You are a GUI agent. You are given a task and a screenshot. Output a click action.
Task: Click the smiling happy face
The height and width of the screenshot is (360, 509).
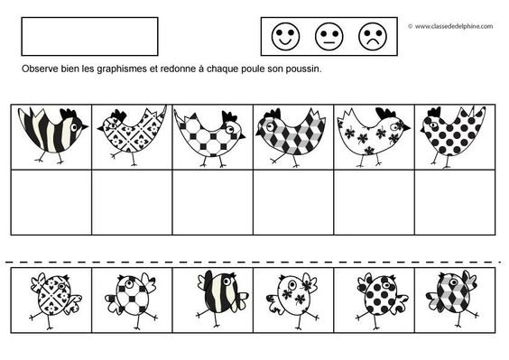[286, 36]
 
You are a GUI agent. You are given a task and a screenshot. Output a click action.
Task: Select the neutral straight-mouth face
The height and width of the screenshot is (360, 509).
[329, 36]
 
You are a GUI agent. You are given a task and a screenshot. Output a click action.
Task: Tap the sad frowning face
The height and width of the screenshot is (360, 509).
[373, 36]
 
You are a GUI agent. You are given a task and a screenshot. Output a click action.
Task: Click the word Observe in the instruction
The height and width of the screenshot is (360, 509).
[40, 69]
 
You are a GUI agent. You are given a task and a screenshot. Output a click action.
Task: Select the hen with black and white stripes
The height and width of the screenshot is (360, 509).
[52, 134]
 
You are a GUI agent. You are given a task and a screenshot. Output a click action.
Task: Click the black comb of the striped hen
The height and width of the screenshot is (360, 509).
[69, 114]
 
